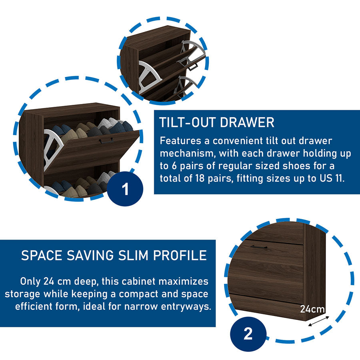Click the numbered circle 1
click(x=125, y=189)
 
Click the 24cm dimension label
click(x=312, y=309)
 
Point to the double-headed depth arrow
click(x=319, y=321)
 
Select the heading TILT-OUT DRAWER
click(x=217, y=122)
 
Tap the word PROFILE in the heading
click(x=180, y=255)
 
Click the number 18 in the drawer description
click(x=200, y=178)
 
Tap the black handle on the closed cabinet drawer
click(x=259, y=247)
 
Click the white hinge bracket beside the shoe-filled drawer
click(x=52, y=149)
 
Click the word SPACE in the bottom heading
click(x=42, y=255)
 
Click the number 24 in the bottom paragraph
click(x=49, y=281)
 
